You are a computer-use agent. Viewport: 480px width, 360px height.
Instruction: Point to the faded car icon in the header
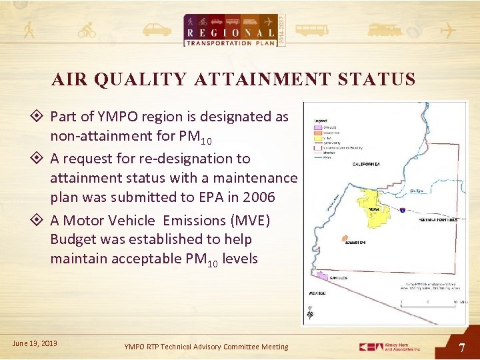(157, 30)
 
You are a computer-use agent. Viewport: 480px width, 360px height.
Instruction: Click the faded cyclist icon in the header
(87, 30)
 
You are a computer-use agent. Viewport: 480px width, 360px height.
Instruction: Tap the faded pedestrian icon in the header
(29, 30)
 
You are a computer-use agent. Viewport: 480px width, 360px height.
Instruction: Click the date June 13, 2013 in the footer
(35, 343)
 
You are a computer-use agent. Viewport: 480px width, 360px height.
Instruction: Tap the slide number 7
(462, 347)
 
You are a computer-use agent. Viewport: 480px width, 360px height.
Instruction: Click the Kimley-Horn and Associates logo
(390, 347)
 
